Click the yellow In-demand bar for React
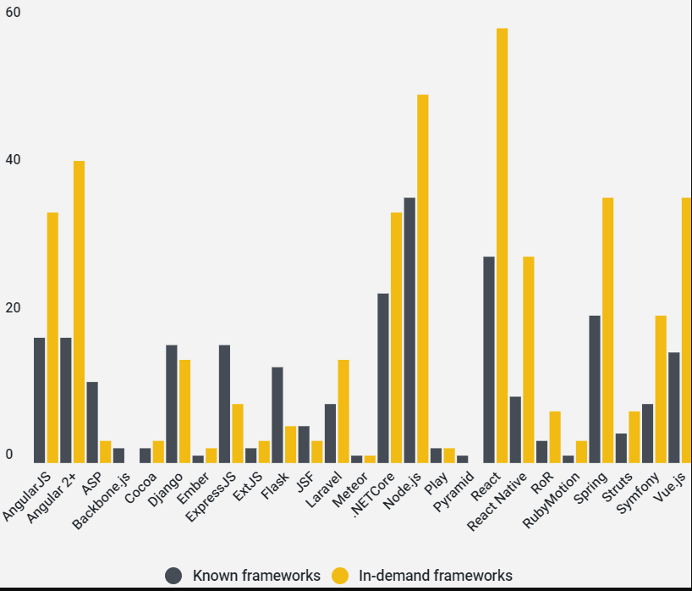[x=502, y=246]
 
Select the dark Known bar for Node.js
[x=409, y=330]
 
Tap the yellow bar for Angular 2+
[x=79, y=312]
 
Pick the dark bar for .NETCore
[x=383, y=378]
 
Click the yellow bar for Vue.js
[x=686, y=330]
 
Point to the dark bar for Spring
[x=595, y=389]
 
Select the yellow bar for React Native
[x=529, y=359]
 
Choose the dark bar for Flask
[x=277, y=415]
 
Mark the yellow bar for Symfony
[x=661, y=389]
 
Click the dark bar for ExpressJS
[x=224, y=404]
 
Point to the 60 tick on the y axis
[x=13, y=13]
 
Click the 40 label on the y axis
[x=13, y=160]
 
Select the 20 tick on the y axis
[x=13, y=308]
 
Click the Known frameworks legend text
[x=256, y=576]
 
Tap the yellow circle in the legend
[x=340, y=576]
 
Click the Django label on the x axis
[x=166, y=489]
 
